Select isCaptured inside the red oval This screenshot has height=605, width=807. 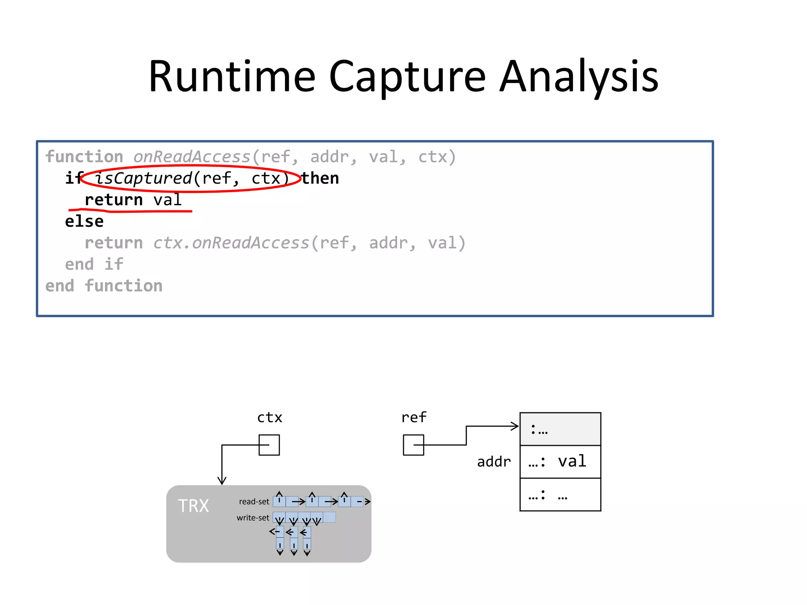(143, 178)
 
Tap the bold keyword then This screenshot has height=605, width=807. (320, 178)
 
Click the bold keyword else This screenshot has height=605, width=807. (84, 221)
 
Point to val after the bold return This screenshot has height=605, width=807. (167, 200)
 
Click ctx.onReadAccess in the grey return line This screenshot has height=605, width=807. (231, 243)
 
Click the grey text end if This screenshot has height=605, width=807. (94, 264)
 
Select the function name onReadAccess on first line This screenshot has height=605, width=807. (192, 157)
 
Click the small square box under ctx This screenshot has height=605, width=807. (269, 445)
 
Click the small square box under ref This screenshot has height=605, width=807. (413, 445)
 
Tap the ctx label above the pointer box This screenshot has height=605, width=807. (270, 418)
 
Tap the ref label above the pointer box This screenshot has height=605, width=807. (414, 418)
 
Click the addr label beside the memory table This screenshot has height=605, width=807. (494, 462)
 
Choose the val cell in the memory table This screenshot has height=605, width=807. (572, 462)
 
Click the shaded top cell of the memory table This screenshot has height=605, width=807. (560, 429)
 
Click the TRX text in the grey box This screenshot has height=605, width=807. (193, 506)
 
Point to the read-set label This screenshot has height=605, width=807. (254, 502)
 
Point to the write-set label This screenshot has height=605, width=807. (253, 518)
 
